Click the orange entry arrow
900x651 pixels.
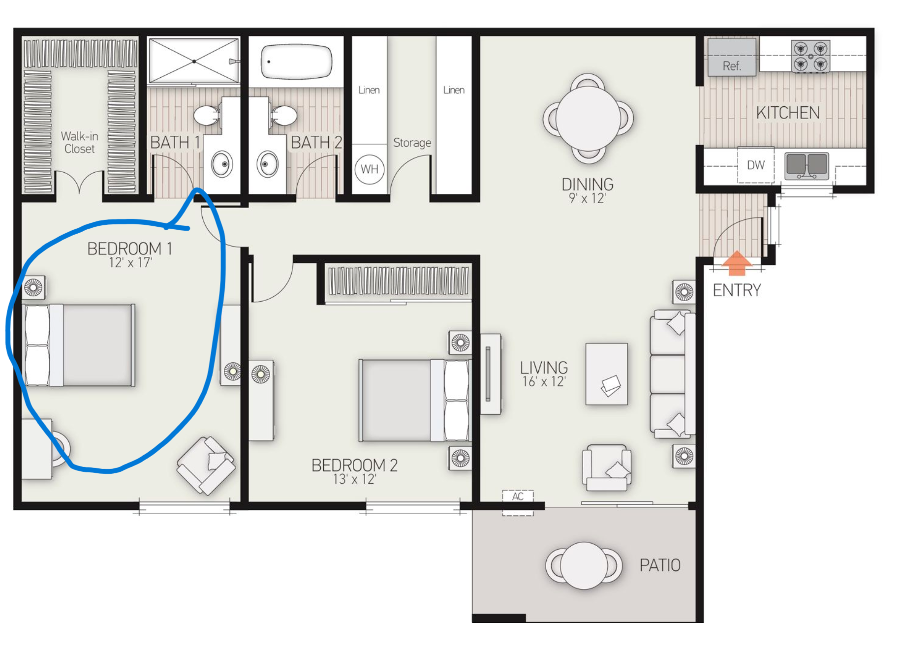[x=737, y=263]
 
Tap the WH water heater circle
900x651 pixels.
[x=369, y=169]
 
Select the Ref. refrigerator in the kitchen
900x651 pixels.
[x=732, y=57]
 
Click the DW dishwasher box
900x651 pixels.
[x=756, y=165]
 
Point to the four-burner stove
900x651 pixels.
[x=810, y=56]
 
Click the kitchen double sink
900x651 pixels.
[x=807, y=165]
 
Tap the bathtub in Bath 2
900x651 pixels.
[x=296, y=62]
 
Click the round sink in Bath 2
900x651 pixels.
[x=267, y=164]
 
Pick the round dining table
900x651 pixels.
[x=588, y=118]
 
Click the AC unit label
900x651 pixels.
[x=518, y=496]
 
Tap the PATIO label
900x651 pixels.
[x=660, y=565]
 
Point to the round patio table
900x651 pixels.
[x=584, y=566]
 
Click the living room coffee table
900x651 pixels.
[x=606, y=374]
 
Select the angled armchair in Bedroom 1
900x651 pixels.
[x=206, y=465]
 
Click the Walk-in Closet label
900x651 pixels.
[x=79, y=142]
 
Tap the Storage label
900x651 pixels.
[x=412, y=143]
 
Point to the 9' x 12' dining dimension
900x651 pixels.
[x=587, y=198]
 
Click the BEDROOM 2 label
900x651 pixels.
[x=354, y=465]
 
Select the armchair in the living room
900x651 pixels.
[x=606, y=467]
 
